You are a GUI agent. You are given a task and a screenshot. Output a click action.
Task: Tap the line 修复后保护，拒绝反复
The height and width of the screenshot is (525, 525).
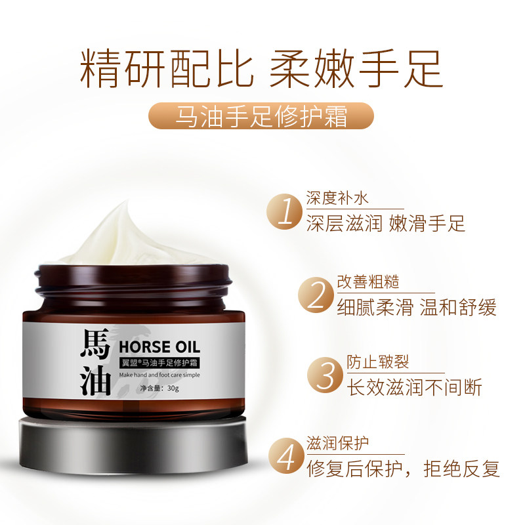(x=402, y=467)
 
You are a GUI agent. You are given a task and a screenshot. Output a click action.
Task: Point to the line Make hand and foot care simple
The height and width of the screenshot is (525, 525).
(x=159, y=374)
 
